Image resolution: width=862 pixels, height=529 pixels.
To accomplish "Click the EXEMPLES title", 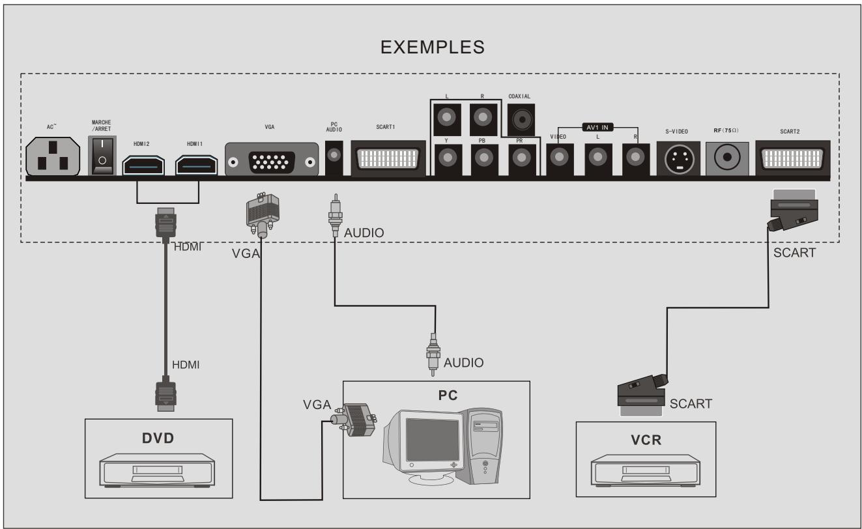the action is point(432,48).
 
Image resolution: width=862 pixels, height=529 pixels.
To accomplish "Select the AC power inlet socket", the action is point(53,156).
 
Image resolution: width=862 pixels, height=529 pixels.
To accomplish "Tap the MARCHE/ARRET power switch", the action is point(102,156).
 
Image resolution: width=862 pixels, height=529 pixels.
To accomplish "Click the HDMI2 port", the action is point(143,165).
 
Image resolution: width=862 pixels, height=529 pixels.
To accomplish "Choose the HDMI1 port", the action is point(197,165).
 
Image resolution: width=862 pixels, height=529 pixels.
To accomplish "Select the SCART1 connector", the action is point(388,158).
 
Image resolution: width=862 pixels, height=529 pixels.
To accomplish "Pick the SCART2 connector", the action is point(793,158).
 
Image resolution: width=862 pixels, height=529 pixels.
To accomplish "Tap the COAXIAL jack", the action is point(521,119).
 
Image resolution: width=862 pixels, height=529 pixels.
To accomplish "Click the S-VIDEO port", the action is point(678,158).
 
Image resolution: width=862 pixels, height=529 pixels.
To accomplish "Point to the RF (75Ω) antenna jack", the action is point(727,158).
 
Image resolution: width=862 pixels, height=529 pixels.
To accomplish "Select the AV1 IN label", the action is point(597,127).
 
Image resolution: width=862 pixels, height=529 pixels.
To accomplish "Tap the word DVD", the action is point(158,438).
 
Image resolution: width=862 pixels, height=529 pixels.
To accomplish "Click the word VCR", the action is point(646,440).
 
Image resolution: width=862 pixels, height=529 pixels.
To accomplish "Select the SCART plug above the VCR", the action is point(642,395).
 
